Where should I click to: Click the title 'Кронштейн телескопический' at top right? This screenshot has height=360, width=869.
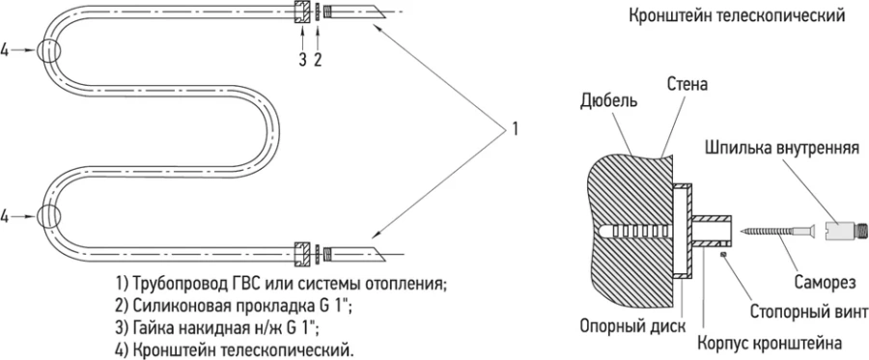737,16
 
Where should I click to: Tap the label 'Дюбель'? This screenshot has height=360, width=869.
605,101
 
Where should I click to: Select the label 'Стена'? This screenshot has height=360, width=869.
687,85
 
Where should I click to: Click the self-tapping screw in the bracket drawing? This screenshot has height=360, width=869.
777,232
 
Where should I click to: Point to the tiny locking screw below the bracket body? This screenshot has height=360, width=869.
722,255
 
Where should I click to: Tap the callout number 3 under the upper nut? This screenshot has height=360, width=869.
301,59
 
